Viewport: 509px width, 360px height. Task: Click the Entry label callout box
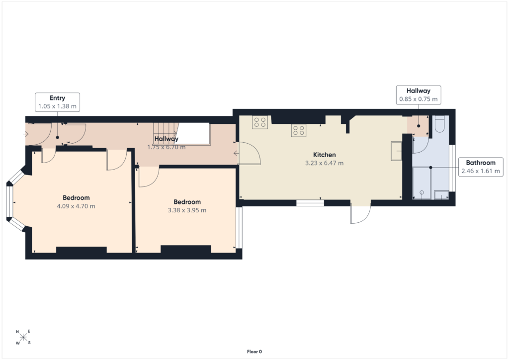click(58, 102)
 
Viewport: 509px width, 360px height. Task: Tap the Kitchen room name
click(324, 155)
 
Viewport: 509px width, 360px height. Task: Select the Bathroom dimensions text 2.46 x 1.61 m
click(481, 171)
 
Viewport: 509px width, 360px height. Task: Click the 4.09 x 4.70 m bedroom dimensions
click(76, 206)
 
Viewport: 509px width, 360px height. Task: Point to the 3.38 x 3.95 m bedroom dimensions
click(187, 210)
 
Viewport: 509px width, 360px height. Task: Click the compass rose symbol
click(23, 338)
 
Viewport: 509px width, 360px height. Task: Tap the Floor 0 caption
click(254, 352)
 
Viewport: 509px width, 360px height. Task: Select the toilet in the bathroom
click(439, 124)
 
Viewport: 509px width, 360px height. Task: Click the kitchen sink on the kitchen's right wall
click(396, 151)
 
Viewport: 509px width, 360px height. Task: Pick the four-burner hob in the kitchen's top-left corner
click(259, 122)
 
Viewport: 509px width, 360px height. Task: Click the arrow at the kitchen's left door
click(236, 153)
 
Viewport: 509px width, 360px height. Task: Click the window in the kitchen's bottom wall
click(310, 203)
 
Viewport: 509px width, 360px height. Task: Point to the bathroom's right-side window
click(452, 168)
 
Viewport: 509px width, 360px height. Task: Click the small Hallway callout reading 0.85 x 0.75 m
click(419, 95)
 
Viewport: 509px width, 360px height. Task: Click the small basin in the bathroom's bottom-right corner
click(441, 195)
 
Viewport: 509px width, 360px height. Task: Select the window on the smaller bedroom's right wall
click(239, 228)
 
